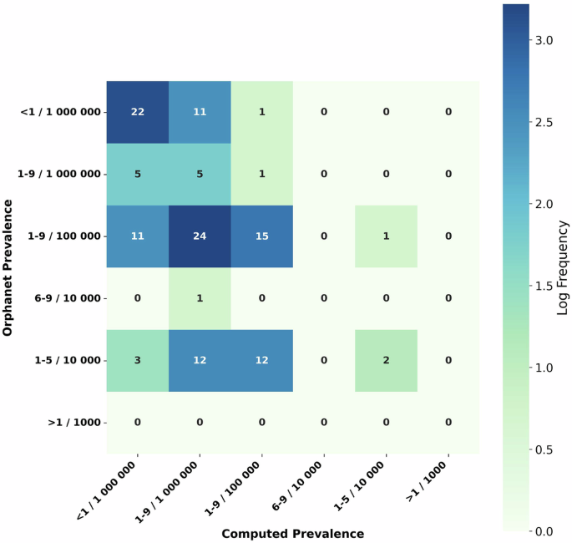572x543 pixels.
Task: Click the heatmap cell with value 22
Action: [x=138, y=112]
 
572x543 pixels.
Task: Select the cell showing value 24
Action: [x=200, y=236]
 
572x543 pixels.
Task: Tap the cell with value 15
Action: [x=262, y=236]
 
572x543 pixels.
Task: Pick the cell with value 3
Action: [x=138, y=360]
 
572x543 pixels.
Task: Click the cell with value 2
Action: [x=386, y=360]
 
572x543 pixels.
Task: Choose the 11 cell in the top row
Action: [x=200, y=112]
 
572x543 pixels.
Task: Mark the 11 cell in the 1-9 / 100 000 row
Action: [x=138, y=236]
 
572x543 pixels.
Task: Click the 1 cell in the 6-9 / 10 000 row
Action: [x=200, y=298]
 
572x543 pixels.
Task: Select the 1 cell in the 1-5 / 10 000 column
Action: [x=386, y=236]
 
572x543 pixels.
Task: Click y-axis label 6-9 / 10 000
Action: [x=63, y=298]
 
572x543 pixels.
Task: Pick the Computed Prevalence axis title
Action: [x=292, y=533]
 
